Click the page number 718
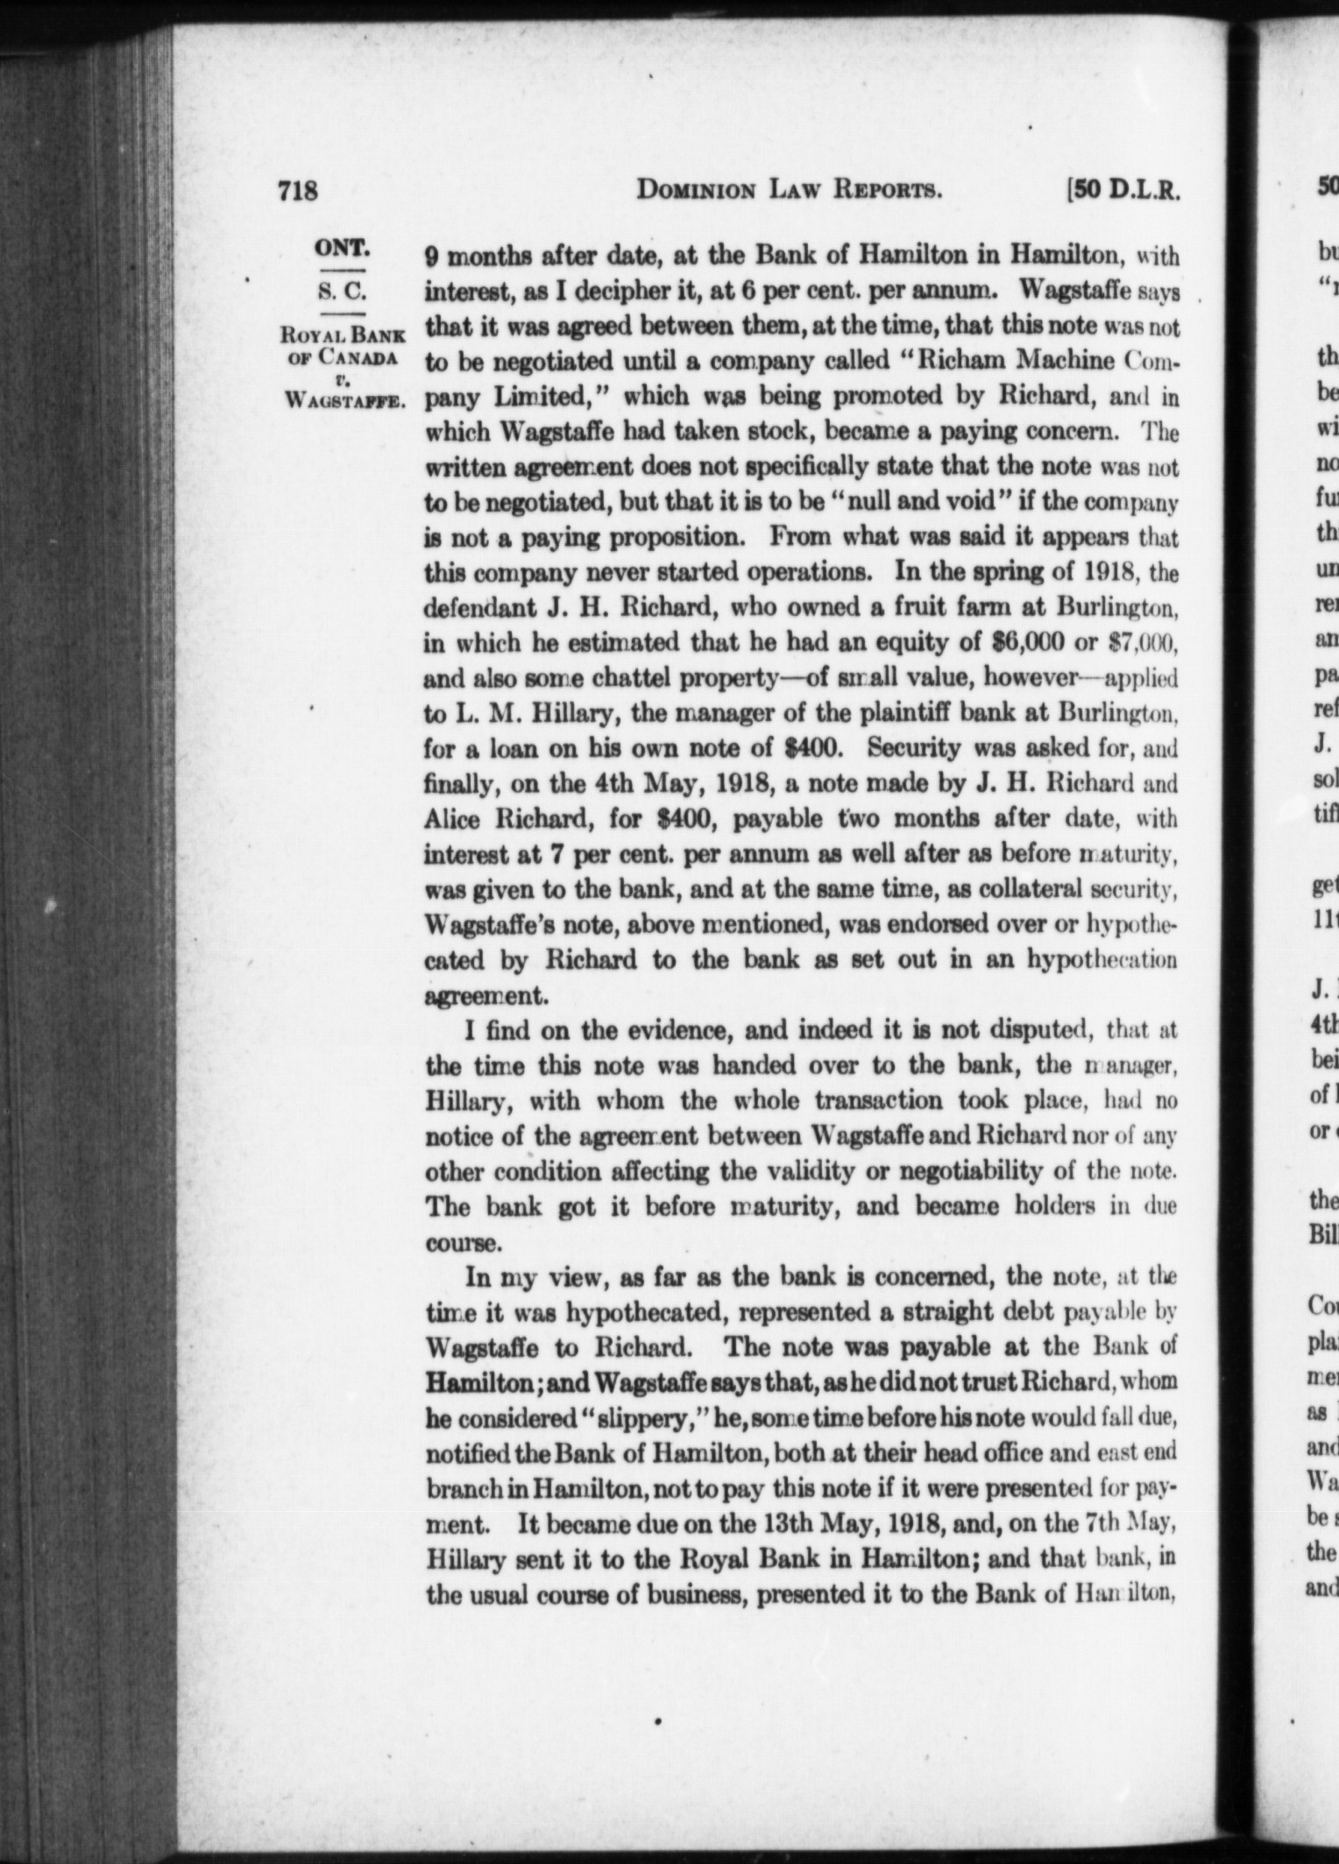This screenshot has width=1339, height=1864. (x=296, y=191)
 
